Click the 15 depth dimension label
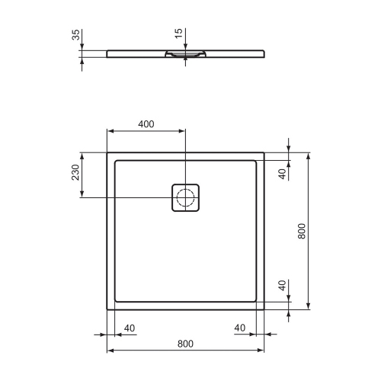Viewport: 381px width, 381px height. click(x=178, y=34)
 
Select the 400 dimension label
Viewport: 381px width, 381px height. click(x=146, y=124)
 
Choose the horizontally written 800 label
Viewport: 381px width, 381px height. click(x=184, y=344)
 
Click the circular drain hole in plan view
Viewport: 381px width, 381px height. click(x=185, y=199)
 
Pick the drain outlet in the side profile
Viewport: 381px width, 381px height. click(x=185, y=54)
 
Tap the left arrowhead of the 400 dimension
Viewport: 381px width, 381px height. click(x=109, y=131)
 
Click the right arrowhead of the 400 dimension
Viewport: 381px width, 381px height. click(x=182, y=131)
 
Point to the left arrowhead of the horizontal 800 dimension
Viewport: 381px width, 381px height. click(x=110, y=351)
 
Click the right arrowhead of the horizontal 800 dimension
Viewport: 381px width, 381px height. click(x=261, y=351)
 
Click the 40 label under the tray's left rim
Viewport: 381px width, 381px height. click(x=129, y=328)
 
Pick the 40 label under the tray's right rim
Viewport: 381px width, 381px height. click(x=241, y=328)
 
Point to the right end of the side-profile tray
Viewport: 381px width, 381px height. click(x=264, y=53)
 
